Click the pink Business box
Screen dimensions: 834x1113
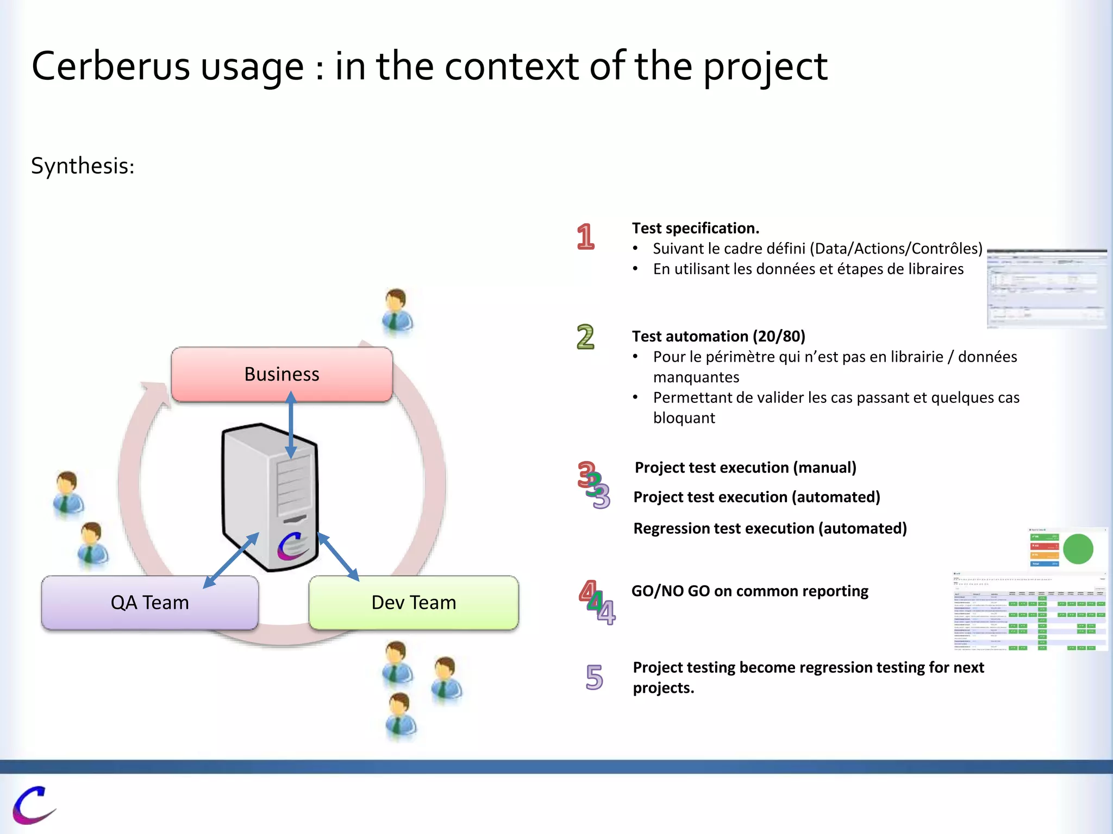(282, 375)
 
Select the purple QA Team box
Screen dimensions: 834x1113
(149, 603)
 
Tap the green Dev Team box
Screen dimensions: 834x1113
(413, 603)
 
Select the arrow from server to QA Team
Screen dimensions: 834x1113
(231, 560)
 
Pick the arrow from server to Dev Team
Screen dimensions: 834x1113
(338, 557)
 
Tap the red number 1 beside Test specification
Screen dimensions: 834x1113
(585, 237)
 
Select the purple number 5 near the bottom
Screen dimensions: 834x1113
(594, 677)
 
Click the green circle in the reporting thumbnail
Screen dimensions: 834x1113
(1078, 549)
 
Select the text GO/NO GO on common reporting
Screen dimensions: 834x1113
(749, 591)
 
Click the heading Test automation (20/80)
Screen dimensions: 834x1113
(718, 336)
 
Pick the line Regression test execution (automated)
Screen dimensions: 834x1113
(770, 528)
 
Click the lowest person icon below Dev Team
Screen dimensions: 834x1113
(400, 716)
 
